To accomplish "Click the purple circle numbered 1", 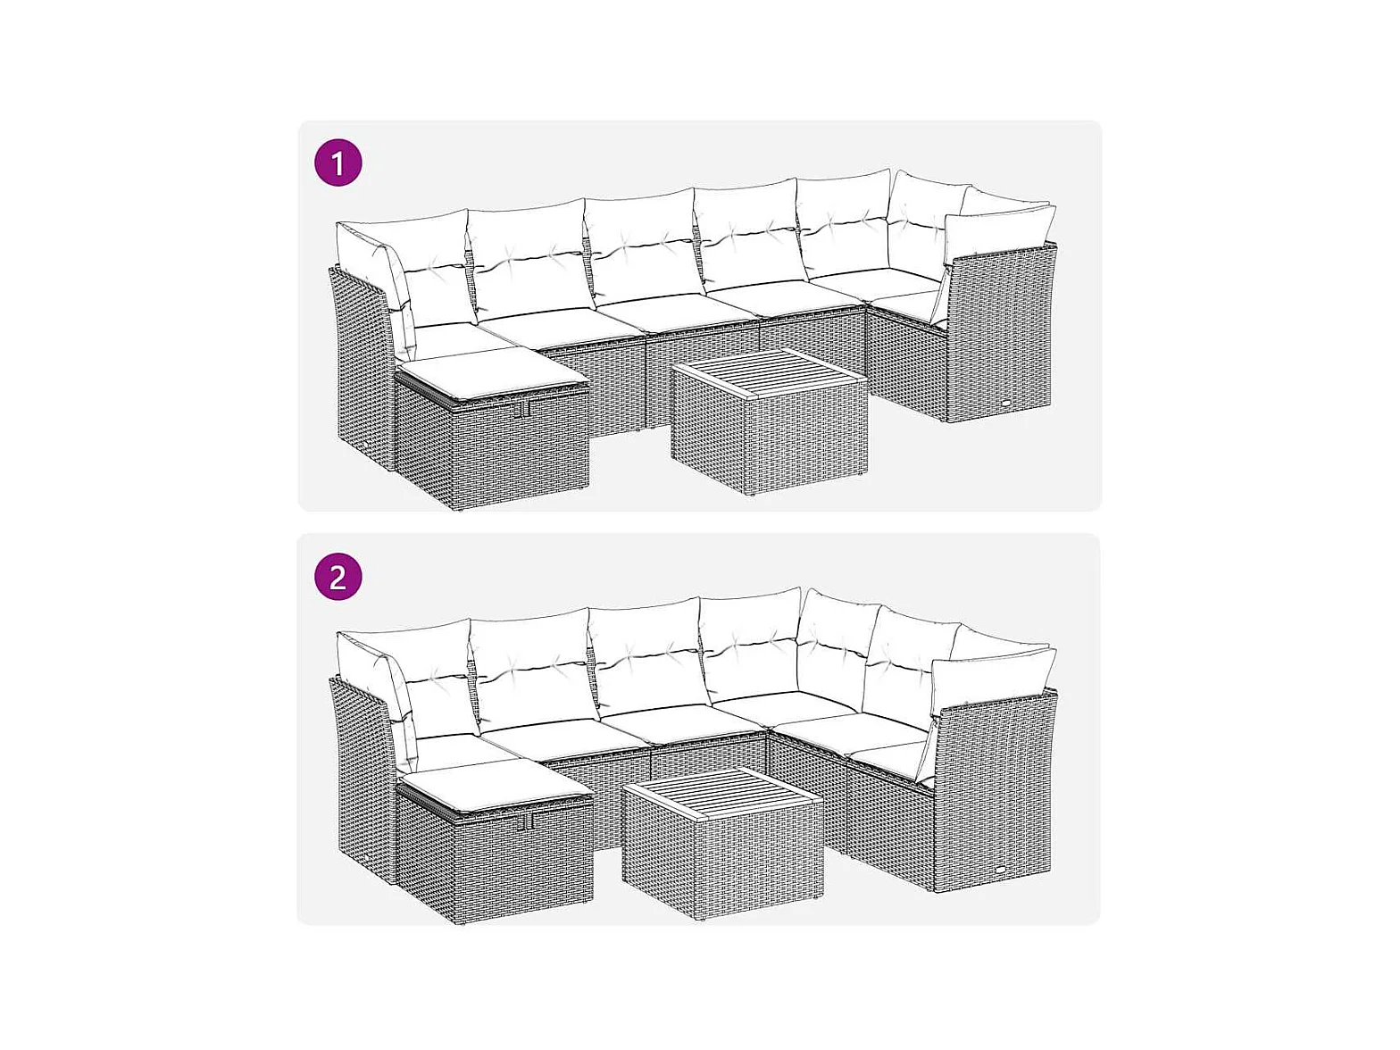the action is [x=338, y=162].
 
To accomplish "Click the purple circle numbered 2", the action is [x=338, y=576].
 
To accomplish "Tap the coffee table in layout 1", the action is [x=770, y=421].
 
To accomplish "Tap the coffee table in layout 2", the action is [x=722, y=842].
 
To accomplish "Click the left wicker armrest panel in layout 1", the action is [x=362, y=367].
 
